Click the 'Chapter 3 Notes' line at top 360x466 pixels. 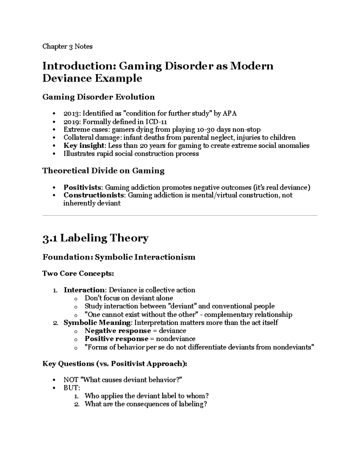pos(67,47)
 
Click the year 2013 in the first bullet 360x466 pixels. pos(71,113)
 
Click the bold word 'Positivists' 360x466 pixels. pos(82,188)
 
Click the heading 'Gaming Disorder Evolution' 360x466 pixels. pos(98,97)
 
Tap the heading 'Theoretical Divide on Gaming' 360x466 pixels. pos(103,171)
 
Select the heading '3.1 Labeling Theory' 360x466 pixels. pos(95,238)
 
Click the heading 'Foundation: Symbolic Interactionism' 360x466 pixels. pos(119,257)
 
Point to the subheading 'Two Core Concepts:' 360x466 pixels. pos(78,274)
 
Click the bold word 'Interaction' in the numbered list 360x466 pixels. pos(84,290)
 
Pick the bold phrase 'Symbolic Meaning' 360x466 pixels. pos(97,323)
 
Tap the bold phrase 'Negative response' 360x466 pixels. pos(118,331)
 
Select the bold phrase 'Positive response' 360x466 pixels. pos(116,339)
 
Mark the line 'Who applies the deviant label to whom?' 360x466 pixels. pos(146,396)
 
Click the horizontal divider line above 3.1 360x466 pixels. pos(180,215)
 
